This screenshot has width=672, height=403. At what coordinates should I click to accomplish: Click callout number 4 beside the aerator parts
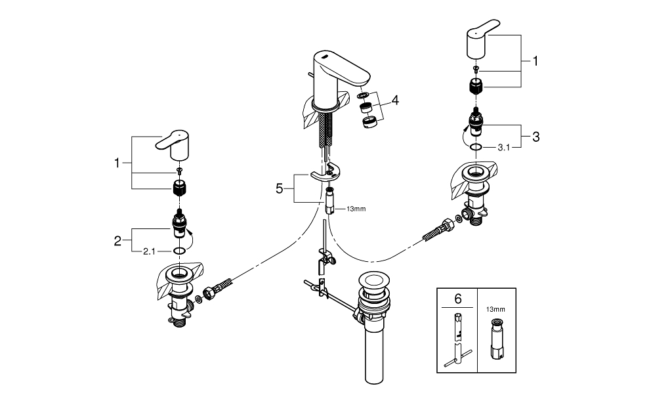(396, 100)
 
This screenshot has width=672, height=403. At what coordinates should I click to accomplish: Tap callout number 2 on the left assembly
(118, 240)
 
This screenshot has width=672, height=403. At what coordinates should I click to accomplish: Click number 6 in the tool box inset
(458, 299)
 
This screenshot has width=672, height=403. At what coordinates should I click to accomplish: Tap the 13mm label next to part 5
(355, 209)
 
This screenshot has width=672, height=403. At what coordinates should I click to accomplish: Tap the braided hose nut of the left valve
(213, 291)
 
